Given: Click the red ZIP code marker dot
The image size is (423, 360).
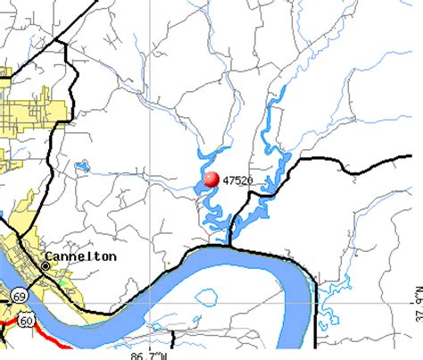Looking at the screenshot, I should (x=211, y=180).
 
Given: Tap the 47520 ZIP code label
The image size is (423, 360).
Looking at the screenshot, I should (x=236, y=180).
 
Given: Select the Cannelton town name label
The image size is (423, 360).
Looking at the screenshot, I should (x=85, y=256).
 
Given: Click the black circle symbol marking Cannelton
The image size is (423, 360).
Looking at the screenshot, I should (x=46, y=264).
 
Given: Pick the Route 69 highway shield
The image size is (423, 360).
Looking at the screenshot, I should (x=19, y=295).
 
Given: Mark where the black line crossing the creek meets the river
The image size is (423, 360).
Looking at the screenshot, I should (x=229, y=244).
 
